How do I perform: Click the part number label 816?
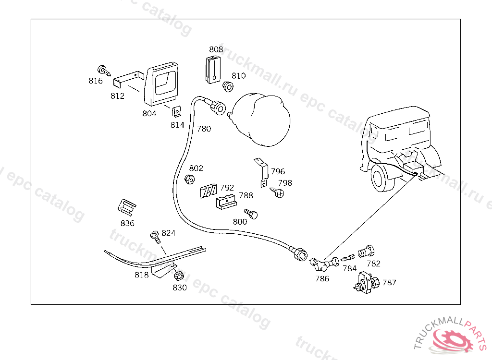96,81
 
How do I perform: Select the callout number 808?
216,49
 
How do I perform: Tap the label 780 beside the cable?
204,129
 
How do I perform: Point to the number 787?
389,283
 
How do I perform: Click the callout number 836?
127,223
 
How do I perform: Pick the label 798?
285,183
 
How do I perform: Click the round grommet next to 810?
228,87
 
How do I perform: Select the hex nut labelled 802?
189,180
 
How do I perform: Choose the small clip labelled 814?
177,112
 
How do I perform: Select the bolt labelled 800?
251,214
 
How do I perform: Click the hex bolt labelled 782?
368,251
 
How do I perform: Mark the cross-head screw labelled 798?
278,193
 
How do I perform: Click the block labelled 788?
225,201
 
